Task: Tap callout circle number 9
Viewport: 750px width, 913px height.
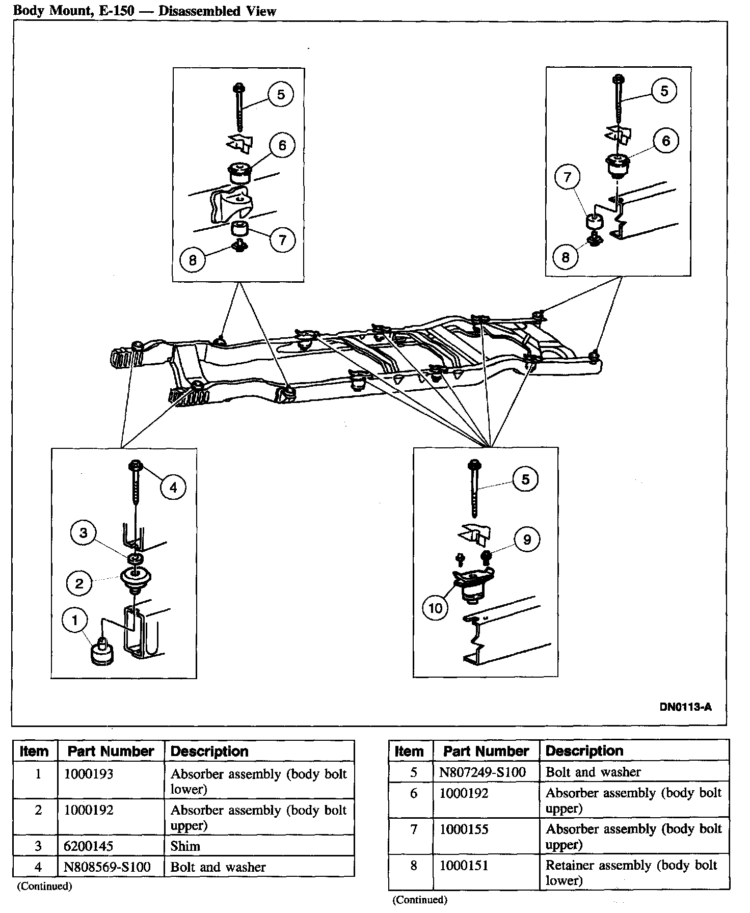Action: (x=527, y=539)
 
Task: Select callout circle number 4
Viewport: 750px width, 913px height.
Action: (x=173, y=488)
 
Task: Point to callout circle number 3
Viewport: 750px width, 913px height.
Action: (x=84, y=533)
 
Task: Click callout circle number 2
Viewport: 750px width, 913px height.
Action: (x=79, y=583)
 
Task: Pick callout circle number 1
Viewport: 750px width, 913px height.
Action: (x=75, y=620)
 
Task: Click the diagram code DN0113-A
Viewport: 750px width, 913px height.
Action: (x=685, y=707)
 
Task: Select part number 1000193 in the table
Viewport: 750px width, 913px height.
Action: (x=89, y=774)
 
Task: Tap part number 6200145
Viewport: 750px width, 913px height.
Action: (x=89, y=846)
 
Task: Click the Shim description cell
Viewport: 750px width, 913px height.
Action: (x=185, y=846)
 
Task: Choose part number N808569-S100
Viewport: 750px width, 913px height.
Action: (x=107, y=867)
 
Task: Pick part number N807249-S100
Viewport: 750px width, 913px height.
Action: (x=482, y=772)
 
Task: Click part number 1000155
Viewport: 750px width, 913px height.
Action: (x=464, y=829)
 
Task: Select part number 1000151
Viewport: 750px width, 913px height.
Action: (x=464, y=865)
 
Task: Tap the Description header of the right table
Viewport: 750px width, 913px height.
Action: (x=584, y=750)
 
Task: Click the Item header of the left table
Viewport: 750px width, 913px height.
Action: (x=34, y=751)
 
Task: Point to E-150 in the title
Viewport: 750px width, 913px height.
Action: (x=117, y=11)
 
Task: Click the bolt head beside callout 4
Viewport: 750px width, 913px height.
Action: (x=137, y=465)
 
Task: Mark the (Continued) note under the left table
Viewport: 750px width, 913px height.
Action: (x=45, y=886)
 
